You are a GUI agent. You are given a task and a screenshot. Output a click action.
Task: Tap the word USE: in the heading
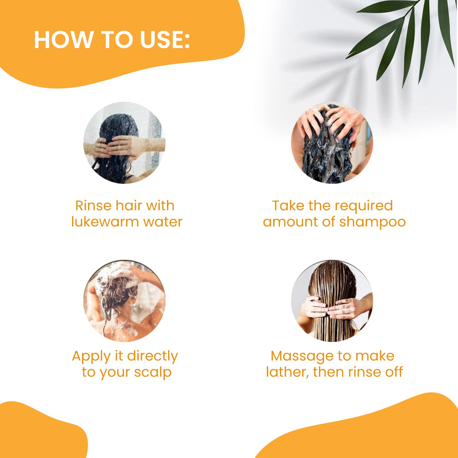pos(165,40)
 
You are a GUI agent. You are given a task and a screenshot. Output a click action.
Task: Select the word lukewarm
pos(105,222)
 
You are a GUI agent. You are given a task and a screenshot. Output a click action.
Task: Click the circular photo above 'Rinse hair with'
pos(124,143)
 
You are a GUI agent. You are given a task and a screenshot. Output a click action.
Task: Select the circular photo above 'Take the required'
pos(332,143)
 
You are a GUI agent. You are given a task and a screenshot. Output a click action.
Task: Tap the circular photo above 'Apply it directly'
pos(124,301)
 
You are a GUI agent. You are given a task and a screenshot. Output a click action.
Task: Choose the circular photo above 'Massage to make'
pos(332,301)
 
